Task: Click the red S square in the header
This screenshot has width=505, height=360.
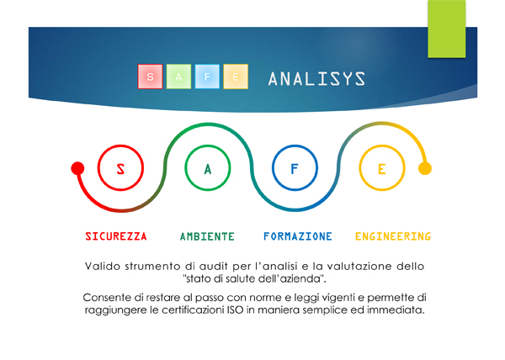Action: point(150,77)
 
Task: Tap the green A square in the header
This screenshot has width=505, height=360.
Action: point(178,77)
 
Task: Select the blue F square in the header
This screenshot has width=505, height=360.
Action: point(207,77)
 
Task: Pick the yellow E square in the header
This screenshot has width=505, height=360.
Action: point(236,77)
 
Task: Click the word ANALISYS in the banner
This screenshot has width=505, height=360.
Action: point(317,79)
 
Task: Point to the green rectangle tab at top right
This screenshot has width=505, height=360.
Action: point(447,29)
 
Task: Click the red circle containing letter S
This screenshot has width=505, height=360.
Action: point(98,168)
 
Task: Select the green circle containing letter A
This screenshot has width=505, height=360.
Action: point(185,168)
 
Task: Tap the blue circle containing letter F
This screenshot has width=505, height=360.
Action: point(273,168)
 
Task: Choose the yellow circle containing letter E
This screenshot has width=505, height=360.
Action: point(359,168)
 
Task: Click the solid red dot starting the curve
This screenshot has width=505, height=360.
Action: point(77,168)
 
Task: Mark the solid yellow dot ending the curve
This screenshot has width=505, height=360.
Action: point(425,168)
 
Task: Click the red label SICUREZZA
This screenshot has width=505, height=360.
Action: point(116,236)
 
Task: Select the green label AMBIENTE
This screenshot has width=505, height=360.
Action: point(207,236)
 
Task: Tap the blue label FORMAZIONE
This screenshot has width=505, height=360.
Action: point(298,236)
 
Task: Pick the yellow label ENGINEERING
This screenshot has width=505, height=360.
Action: point(393,236)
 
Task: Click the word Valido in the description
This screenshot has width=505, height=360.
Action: point(103,267)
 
